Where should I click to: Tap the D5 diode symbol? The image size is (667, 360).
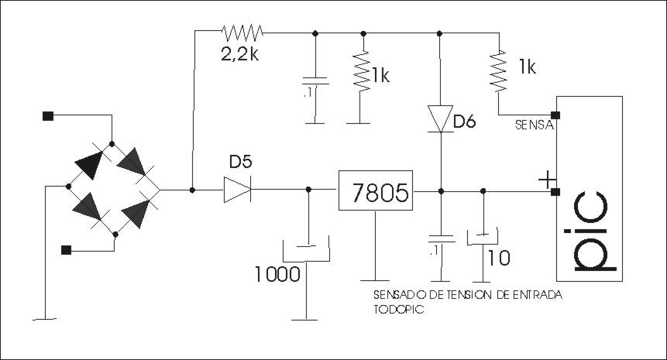[x=237, y=190]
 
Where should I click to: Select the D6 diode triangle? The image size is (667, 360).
[x=440, y=119]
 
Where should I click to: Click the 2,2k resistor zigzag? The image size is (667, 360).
[x=242, y=32]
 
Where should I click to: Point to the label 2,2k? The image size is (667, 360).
[x=240, y=54]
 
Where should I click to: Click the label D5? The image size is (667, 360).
[x=241, y=162]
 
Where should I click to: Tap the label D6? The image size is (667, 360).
[x=465, y=122]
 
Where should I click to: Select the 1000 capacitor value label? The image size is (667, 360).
[x=278, y=274]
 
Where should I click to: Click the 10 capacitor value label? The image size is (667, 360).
[x=499, y=258]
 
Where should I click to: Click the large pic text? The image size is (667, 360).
[x=590, y=232]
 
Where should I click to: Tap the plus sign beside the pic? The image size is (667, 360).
[x=547, y=180]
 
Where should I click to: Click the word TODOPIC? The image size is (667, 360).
[x=399, y=310]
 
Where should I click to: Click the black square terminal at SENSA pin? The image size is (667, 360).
[x=555, y=115]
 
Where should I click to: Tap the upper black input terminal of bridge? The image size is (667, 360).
[x=48, y=116]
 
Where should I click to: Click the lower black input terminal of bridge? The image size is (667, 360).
[x=66, y=250]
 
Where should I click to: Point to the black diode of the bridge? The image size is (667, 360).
[x=89, y=164]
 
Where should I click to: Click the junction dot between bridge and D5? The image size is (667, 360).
[x=192, y=190]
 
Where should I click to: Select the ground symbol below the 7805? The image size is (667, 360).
[x=375, y=280]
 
